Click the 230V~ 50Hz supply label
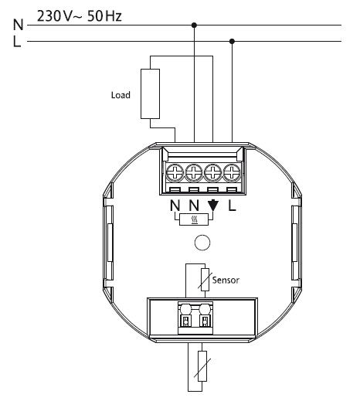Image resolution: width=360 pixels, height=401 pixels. [x=80, y=16]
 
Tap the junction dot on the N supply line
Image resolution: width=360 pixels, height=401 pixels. [x=194, y=25]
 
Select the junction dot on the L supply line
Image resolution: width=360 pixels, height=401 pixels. [x=232, y=41]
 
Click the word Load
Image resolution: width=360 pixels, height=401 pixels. [x=121, y=95]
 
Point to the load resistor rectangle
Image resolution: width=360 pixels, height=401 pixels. [x=150, y=93]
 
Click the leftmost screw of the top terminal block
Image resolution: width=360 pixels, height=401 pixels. [x=175, y=172]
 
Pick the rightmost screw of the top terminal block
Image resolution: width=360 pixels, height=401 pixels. [x=232, y=172]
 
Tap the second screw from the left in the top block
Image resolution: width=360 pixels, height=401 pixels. [x=194, y=172]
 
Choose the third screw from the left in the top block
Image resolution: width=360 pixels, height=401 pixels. [x=212, y=172]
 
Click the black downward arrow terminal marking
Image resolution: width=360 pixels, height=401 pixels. [x=213, y=206]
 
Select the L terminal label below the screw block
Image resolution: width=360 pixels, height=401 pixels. [x=232, y=206]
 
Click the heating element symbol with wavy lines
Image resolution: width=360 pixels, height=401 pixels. [x=194, y=219]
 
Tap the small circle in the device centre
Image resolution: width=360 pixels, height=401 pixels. [x=202, y=243]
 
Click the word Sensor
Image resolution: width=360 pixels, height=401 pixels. [x=226, y=280]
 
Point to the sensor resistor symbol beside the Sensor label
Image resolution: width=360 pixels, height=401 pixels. [x=205, y=280]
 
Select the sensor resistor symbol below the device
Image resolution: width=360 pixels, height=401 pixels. [x=202, y=366]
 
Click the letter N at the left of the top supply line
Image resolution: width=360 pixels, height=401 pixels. [x=18, y=25]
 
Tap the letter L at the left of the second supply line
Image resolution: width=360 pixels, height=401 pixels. [x=17, y=41]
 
